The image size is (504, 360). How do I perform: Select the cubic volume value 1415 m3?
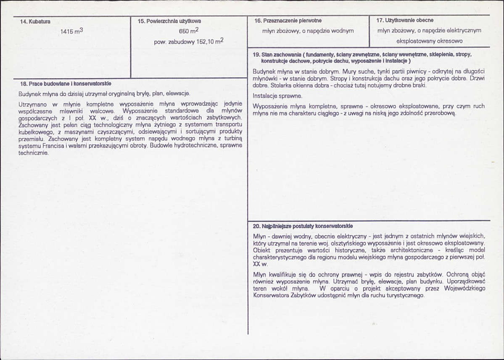tap(71, 31)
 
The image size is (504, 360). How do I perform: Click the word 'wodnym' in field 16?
tap(345, 31)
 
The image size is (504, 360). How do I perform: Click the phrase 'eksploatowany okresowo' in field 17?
tap(429, 41)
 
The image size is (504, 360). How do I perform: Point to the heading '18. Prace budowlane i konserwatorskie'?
tap(65, 84)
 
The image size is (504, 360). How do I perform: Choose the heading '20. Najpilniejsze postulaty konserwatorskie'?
tap(303, 226)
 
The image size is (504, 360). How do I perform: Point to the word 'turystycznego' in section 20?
tap(407, 295)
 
